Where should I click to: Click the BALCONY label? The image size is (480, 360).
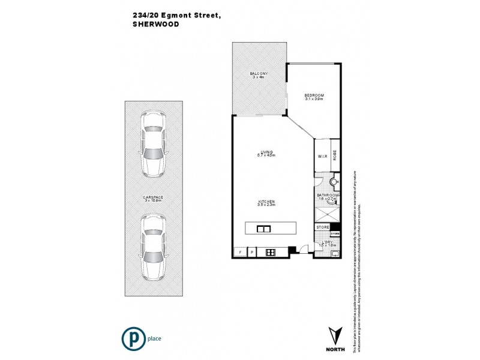pos(259,75)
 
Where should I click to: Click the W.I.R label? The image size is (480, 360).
pos(322,157)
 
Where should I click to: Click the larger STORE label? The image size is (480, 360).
pos(322,227)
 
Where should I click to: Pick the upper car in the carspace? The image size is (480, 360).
pos(154,144)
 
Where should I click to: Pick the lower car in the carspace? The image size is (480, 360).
pos(154,247)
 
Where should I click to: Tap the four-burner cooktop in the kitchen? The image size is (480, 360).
pos(271,252)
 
